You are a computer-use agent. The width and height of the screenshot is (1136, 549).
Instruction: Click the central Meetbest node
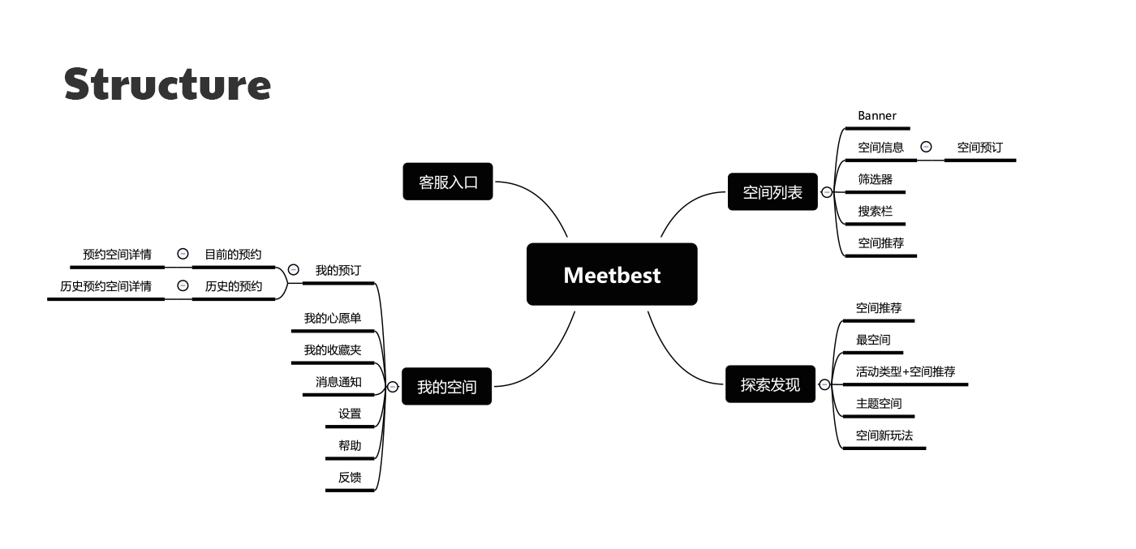tap(612, 275)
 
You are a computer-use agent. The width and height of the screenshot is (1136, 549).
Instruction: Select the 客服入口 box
tap(448, 182)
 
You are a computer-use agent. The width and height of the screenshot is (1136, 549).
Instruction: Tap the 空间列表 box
tap(772, 192)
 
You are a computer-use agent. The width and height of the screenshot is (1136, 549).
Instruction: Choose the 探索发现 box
tap(770, 384)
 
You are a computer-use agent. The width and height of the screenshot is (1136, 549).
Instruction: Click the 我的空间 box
tap(446, 387)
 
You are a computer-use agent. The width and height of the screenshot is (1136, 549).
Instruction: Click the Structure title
tap(167, 84)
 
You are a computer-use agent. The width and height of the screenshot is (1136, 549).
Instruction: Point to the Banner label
tap(877, 116)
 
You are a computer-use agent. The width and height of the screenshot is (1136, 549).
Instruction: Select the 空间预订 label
tap(979, 148)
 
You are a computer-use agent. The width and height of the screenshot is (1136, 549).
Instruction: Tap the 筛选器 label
tap(875, 179)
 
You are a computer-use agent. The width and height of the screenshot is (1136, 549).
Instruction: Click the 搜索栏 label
tap(875, 211)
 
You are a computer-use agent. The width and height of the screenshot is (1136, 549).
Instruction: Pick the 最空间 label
tap(872, 340)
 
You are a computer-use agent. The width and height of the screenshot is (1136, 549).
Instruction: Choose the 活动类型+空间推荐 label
tap(905, 371)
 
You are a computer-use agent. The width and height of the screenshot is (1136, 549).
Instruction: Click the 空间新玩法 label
tap(884, 435)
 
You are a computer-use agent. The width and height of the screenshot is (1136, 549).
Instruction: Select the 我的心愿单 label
tap(333, 319)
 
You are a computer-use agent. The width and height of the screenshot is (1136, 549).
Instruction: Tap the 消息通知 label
tap(338, 382)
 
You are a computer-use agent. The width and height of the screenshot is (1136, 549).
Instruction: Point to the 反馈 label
tap(350, 478)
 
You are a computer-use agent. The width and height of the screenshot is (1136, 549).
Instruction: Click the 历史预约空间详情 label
tap(105, 286)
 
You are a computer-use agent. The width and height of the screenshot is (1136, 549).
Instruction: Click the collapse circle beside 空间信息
tap(926, 147)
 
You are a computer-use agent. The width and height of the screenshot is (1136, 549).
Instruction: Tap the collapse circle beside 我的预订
tap(293, 269)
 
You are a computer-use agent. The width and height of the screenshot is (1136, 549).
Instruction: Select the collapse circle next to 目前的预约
tap(183, 254)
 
